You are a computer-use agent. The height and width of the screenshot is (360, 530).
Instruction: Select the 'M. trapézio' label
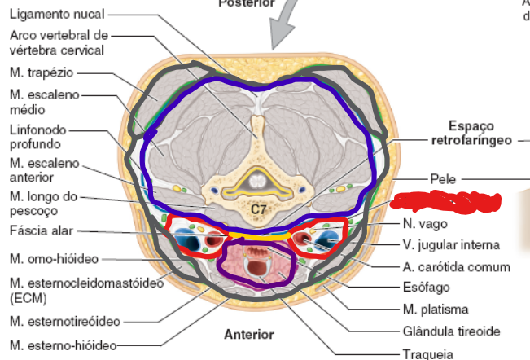42,72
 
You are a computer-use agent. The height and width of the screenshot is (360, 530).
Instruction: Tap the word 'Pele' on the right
440,178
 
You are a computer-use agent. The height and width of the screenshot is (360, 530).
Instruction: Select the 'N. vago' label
423,223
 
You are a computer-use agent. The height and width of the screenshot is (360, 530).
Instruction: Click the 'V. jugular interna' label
450,244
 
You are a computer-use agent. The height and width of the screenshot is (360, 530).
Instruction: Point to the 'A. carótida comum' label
456,266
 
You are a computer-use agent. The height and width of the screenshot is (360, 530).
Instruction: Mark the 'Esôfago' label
425,287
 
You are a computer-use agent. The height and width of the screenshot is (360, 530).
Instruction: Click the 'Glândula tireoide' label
450,331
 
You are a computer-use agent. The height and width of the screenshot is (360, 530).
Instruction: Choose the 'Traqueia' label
429,353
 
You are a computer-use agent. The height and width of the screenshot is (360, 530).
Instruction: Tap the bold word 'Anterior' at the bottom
249,335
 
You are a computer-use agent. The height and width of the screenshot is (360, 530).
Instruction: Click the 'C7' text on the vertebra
258,209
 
